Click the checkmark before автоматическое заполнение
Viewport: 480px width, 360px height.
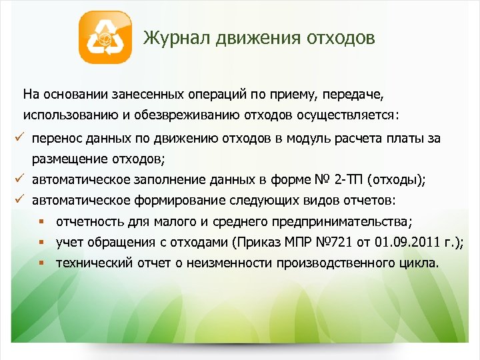(x=20, y=179)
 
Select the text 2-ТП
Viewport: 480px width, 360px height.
(x=350, y=179)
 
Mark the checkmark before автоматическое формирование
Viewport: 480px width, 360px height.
(x=20, y=199)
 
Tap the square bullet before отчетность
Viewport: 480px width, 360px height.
(x=41, y=221)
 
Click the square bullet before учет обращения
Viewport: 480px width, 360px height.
(x=41, y=242)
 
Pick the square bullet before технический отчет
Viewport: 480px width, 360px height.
(x=41, y=263)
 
